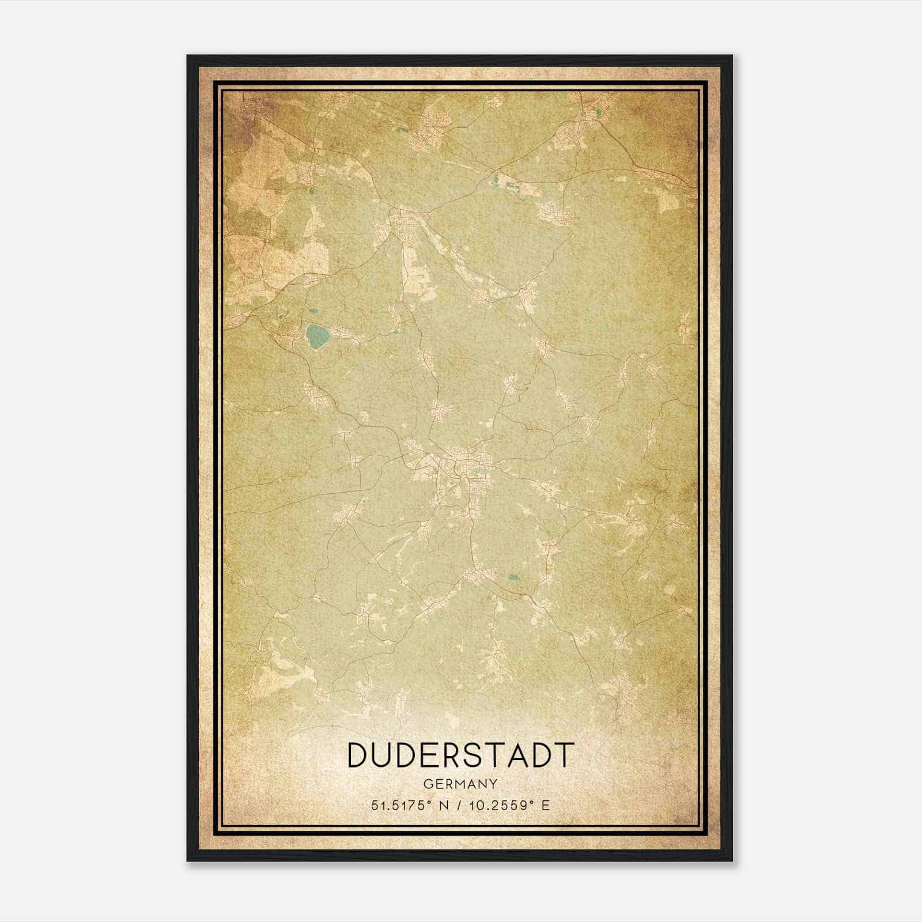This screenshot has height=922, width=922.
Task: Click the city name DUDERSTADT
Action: point(461,755)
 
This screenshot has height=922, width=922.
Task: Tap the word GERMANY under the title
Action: point(460,784)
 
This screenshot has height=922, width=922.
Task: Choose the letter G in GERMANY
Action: point(428,784)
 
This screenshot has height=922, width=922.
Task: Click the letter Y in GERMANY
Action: point(494,784)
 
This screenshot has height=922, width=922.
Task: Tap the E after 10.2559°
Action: point(546,805)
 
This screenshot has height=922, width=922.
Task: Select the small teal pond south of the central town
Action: point(512,577)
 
